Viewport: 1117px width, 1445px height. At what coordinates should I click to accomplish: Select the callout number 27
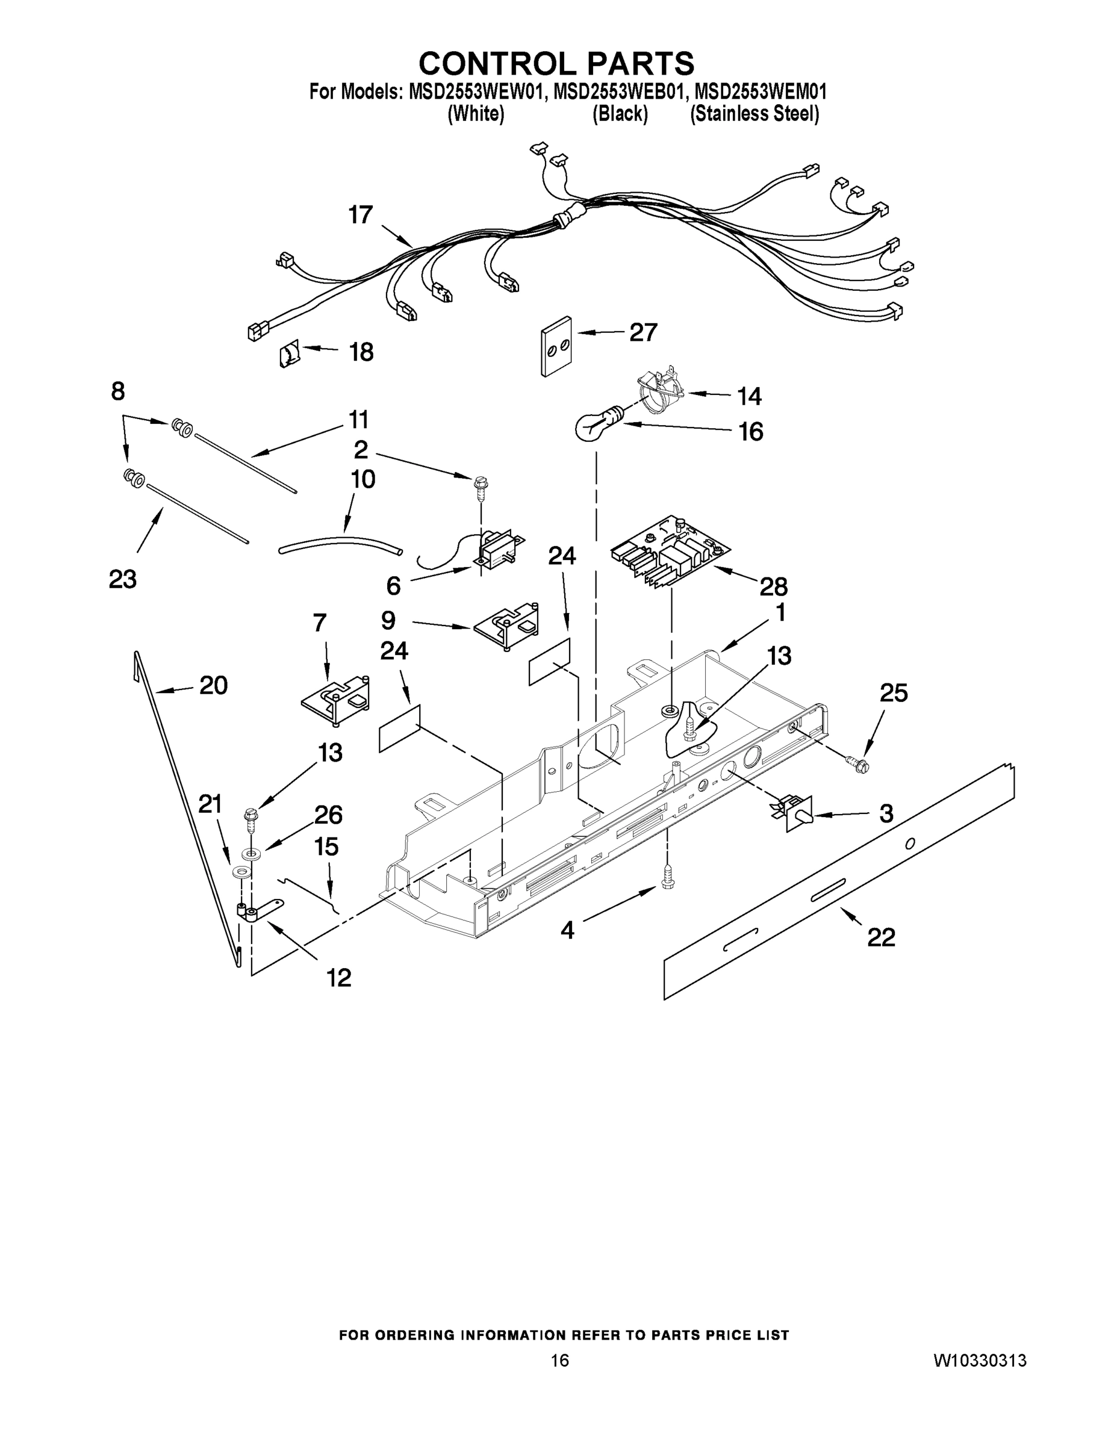[x=643, y=332]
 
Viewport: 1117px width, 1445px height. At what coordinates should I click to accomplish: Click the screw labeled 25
[x=861, y=765]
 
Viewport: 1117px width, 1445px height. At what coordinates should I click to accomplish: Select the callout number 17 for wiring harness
[x=361, y=215]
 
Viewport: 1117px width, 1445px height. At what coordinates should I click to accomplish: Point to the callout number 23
[x=122, y=579]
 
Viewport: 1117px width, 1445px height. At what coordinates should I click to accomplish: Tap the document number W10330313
[x=979, y=1361]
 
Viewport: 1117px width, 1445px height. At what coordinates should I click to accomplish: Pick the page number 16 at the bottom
[x=559, y=1361]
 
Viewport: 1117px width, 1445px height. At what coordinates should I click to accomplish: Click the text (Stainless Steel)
[x=755, y=114]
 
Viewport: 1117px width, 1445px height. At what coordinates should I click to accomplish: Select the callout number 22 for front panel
[x=881, y=937]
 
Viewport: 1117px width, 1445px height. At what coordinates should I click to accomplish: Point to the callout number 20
[x=213, y=685]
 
